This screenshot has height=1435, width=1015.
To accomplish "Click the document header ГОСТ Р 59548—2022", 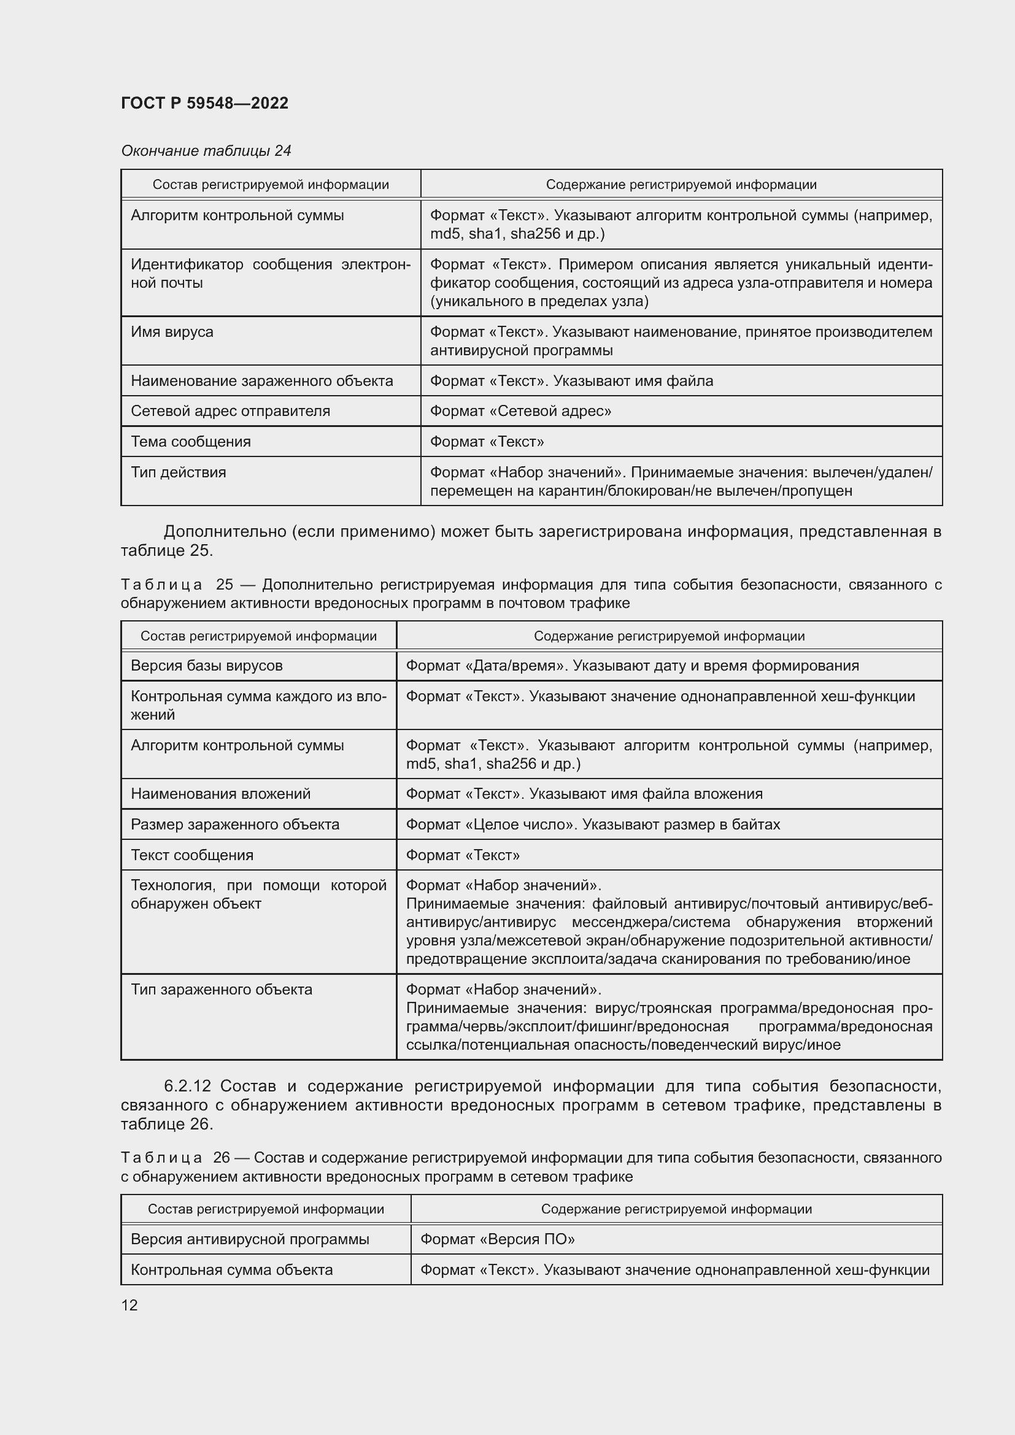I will coord(204,103).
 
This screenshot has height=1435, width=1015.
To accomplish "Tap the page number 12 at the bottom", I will coord(129,1305).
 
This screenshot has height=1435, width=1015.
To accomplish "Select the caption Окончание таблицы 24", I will coord(206,151).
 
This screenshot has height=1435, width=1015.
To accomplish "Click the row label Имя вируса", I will coord(172,332).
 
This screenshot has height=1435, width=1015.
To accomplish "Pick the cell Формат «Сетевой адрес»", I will coord(520,411).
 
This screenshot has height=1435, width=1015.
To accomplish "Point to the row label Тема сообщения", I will coord(191,442).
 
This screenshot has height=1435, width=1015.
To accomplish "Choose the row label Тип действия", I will coord(178,472).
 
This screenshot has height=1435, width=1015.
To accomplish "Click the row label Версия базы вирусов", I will coord(206,666).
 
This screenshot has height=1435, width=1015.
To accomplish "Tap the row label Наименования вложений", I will coord(220,794).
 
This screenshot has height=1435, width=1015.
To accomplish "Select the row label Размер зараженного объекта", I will coord(234,825).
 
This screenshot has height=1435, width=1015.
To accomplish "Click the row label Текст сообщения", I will coord(192,855).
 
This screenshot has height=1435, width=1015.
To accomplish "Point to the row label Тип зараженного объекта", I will coord(222,990).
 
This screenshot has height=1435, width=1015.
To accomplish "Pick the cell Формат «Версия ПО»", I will coord(497,1239).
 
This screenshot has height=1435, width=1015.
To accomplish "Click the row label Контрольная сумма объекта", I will coord(231,1270).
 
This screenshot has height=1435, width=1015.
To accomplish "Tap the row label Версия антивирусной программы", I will coord(249,1239).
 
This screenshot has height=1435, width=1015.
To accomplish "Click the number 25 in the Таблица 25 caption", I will coord(225,585).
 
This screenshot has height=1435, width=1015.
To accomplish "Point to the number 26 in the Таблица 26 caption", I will coord(222,1158).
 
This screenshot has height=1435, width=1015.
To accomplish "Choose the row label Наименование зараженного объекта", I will coord(261,381).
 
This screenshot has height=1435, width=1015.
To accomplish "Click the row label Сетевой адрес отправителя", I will coord(230,411).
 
